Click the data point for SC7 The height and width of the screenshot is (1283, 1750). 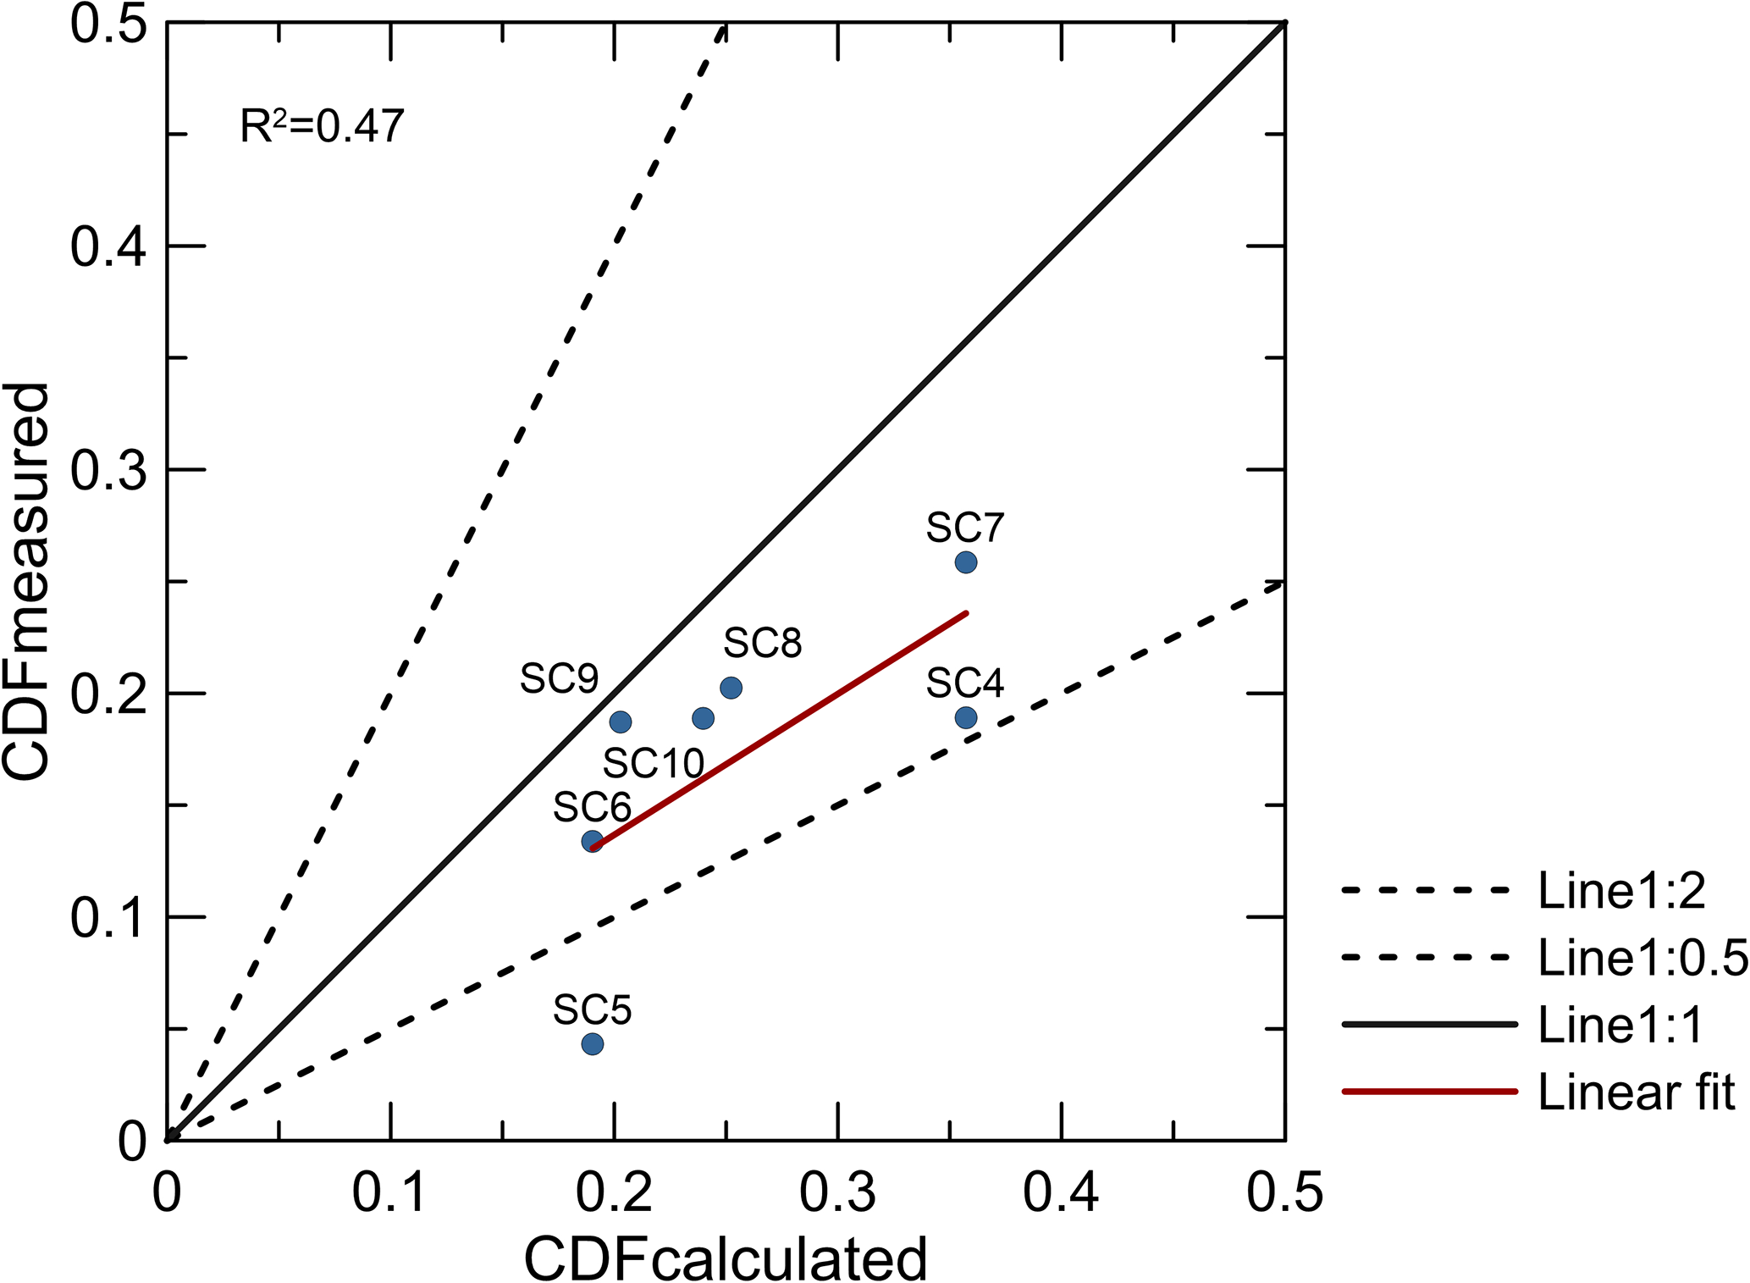[965, 562]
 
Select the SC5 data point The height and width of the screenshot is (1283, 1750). [593, 1044]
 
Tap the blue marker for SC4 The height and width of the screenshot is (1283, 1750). [965, 718]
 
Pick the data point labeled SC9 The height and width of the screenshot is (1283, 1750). [621, 722]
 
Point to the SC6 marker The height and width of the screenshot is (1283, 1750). [593, 841]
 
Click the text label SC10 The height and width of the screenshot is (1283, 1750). [654, 764]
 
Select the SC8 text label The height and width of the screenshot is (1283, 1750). [762, 644]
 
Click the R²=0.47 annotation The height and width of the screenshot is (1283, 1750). [322, 126]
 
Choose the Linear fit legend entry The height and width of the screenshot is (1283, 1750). [1636, 1092]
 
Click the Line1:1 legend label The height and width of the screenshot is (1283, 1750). [1620, 1026]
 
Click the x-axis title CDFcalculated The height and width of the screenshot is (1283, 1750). [726, 1258]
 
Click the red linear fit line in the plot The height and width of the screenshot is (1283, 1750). [779, 728]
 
